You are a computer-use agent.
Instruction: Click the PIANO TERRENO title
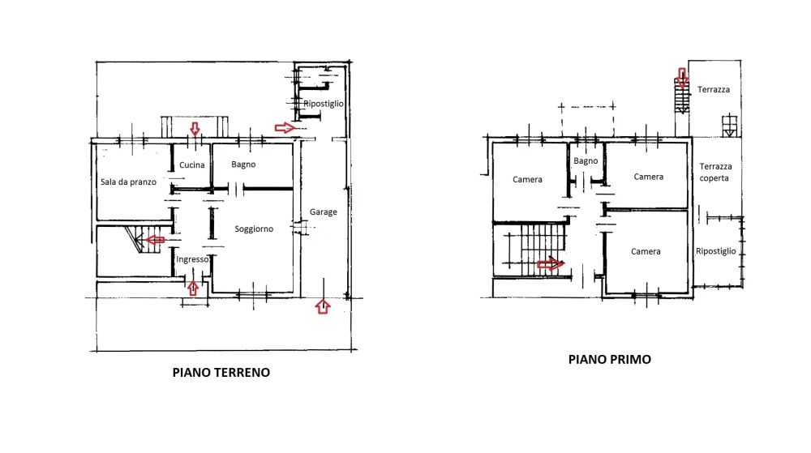[x=221, y=373]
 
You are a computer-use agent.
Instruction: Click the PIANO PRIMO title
[x=609, y=360]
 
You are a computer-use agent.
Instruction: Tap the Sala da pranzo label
[x=128, y=182]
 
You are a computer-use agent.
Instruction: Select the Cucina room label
[x=192, y=165]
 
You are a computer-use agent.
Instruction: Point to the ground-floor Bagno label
[x=243, y=165]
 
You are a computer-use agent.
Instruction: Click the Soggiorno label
[x=254, y=229]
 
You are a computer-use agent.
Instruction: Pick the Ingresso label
[x=192, y=259]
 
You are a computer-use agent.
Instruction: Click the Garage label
[x=324, y=212]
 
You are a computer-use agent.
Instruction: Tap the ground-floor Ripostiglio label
[x=324, y=103]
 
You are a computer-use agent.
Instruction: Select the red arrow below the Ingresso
[x=193, y=288]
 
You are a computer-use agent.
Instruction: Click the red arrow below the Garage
[x=323, y=306]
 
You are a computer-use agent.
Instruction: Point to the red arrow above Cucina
[x=195, y=129]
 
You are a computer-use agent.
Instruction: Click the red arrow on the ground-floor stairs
[x=155, y=240]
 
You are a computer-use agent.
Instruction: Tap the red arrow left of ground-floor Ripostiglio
[x=285, y=127]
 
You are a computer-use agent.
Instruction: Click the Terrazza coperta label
[x=715, y=172]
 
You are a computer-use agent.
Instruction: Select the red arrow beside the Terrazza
[x=682, y=78]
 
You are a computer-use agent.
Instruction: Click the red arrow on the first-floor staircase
[x=551, y=264]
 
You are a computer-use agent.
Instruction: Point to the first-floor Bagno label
[x=586, y=160]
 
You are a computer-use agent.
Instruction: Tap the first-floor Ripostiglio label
[x=716, y=251]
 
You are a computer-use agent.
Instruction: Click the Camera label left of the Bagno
[x=528, y=179]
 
